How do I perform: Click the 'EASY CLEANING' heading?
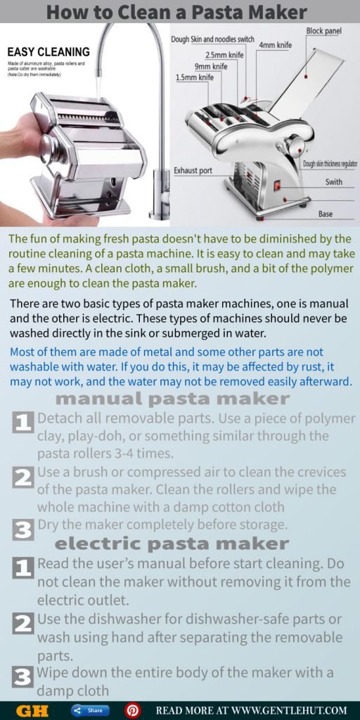[49, 51]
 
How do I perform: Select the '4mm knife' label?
[276, 46]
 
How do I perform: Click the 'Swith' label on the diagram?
[335, 182]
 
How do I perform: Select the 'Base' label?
[325, 213]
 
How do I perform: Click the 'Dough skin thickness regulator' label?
[330, 164]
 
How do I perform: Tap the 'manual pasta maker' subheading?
[172, 399]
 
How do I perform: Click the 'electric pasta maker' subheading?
[172, 544]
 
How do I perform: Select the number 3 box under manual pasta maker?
[23, 529]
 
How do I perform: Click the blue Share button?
[91, 710]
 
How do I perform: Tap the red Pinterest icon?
[132, 710]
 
